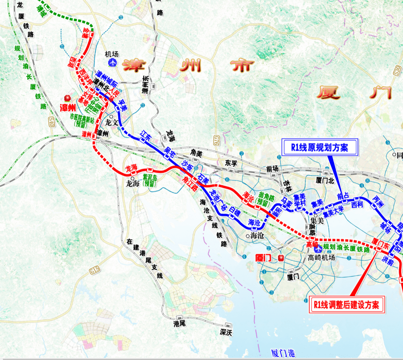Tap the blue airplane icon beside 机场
[112, 63]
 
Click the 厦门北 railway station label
[325, 181]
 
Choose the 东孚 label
[231, 162]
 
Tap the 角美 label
[196, 153]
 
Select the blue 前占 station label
[343, 197]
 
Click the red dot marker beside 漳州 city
[66, 98]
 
